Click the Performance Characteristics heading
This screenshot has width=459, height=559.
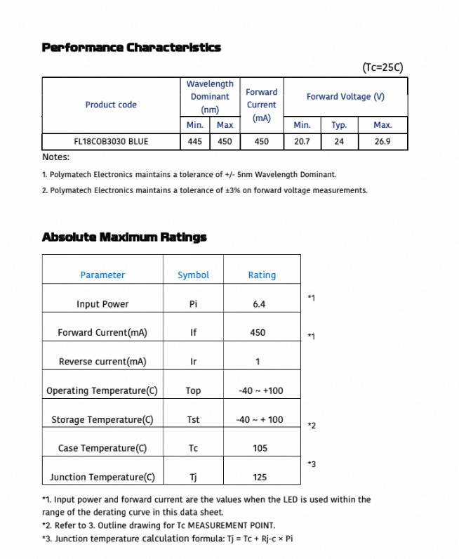(131, 47)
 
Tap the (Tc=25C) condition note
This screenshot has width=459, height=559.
(383, 67)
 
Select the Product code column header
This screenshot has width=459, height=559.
(111, 105)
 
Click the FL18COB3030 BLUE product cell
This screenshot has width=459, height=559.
(111, 141)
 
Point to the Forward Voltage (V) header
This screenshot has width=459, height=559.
(345, 96)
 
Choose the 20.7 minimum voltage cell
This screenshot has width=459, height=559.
(302, 141)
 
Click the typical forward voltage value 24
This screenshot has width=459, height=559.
(339, 141)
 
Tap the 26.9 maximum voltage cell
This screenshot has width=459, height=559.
(382, 141)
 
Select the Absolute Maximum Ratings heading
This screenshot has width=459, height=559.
(124, 237)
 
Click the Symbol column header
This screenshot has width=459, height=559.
(193, 275)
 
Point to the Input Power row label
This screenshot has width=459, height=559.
(102, 304)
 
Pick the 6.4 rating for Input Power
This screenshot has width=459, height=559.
(259, 304)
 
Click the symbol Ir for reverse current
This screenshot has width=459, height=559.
(193, 362)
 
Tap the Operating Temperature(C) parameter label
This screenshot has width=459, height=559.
(102, 390)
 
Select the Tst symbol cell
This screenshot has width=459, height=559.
(193, 419)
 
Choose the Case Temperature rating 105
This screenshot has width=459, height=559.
(260, 448)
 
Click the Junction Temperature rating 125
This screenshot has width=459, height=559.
(260, 477)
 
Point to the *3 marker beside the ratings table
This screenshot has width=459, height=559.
(312, 464)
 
